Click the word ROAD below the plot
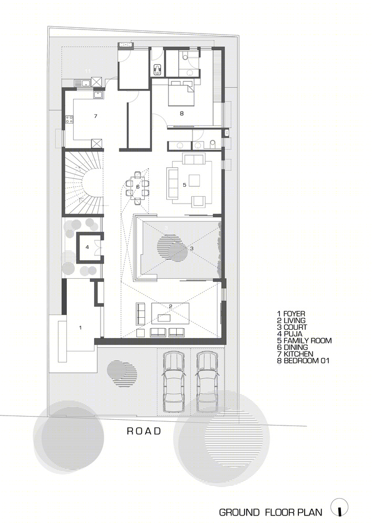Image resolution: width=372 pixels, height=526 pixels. pyautogui.click(x=144, y=431)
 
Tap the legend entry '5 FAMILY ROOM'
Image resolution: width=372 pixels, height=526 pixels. pyautogui.click(x=304, y=340)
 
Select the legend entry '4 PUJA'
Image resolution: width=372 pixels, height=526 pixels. pyautogui.click(x=290, y=334)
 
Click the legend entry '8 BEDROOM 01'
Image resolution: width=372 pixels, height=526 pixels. pyautogui.click(x=303, y=361)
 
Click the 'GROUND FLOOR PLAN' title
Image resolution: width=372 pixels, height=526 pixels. pyautogui.click(x=270, y=512)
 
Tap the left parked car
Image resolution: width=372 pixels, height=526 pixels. pyautogui.click(x=174, y=382)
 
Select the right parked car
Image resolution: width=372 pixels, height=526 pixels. pyautogui.click(x=207, y=382)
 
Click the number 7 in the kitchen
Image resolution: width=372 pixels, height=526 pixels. pyautogui.click(x=96, y=116)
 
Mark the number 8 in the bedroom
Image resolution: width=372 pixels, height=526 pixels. pyautogui.click(x=182, y=114)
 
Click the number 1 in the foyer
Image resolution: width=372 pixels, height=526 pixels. pyautogui.click(x=80, y=327)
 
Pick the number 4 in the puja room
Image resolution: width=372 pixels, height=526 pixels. pyautogui.click(x=87, y=247)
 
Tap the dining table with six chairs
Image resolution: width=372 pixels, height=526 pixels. pyautogui.click(x=137, y=187)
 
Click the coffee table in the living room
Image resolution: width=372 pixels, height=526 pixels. pyautogui.click(x=164, y=318)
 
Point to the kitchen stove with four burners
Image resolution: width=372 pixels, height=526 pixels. pyautogui.click(x=70, y=119)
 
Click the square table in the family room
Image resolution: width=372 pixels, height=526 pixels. pyautogui.click(x=194, y=180)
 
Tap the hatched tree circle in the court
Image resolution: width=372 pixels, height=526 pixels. pyautogui.click(x=172, y=248)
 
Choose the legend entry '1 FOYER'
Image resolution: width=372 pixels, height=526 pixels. pyautogui.click(x=291, y=313)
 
